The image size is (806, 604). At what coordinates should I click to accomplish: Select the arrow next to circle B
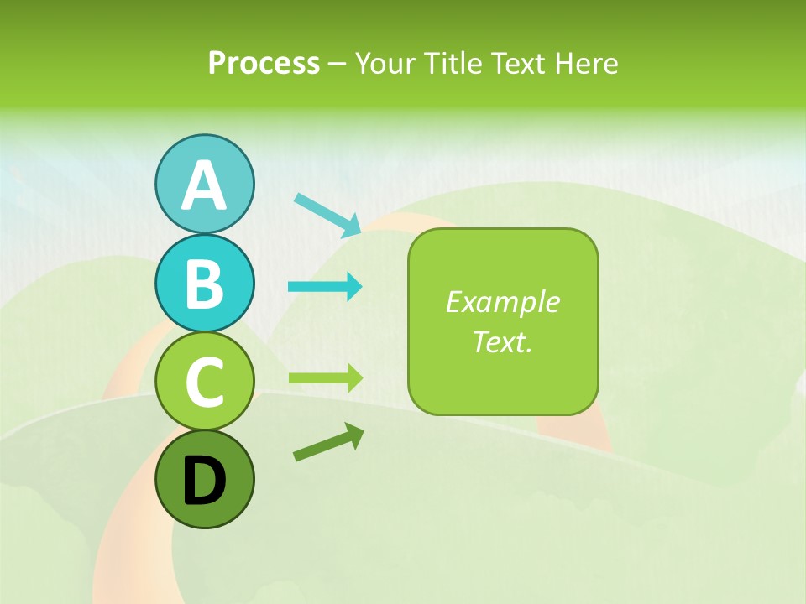click(x=325, y=287)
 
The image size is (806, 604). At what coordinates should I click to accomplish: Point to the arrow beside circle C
click(x=325, y=377)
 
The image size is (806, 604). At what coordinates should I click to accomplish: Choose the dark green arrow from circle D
click(x=328, y=443)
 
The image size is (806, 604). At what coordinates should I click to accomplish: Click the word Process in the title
click(x=264, y=63)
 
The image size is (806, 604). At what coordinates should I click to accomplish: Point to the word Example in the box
click(x=502, y=302)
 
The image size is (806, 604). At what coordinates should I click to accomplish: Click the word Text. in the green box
click(x=502, y=341)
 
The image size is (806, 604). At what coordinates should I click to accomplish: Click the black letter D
click(x=204, y=481)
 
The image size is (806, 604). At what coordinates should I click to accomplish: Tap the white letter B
click(x=204, y=284)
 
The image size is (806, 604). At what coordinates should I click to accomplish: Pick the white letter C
click(x=204, y=383)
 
